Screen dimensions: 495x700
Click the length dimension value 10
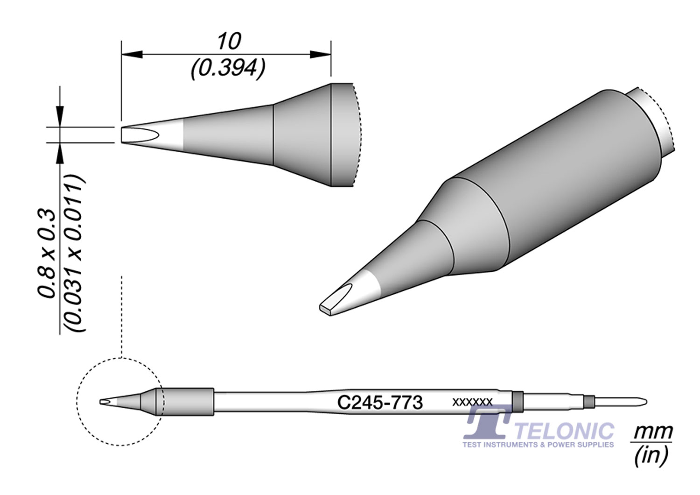[229, 42]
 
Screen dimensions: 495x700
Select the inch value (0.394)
[228, 70]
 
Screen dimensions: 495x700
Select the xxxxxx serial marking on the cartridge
[472, 402]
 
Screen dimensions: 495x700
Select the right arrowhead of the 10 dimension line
[321, 55]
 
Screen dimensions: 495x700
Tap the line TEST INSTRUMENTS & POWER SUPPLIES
[538, 445]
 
